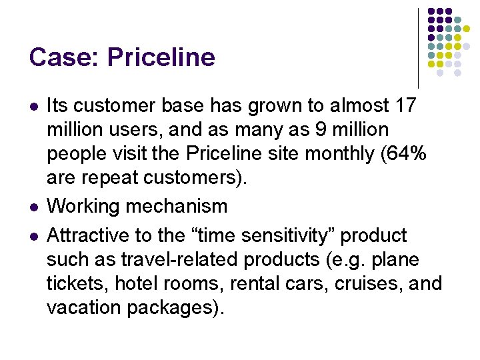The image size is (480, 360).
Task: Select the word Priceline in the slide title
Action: [161, 57]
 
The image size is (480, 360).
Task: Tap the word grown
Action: [259, 105]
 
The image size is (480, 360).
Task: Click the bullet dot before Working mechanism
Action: [33, 207]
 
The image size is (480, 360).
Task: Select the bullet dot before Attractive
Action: [33, 236]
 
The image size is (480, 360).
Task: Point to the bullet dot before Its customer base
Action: [33, 106]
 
